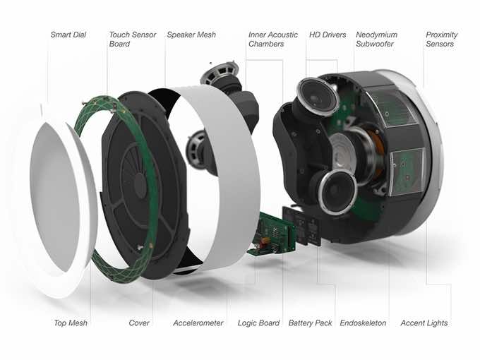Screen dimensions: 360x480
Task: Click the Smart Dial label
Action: click(68, 35)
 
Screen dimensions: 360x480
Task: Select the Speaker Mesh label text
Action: click(191, 35)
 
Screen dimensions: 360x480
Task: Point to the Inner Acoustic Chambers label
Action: click(272, 40)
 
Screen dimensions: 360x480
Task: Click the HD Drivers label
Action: click(327, 35)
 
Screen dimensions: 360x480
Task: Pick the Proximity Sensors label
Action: click(442, 40)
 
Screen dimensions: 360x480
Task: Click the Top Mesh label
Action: click(71, 323)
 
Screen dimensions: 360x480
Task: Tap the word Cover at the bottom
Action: click(139, 323)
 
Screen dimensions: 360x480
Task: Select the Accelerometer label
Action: click(198, 323)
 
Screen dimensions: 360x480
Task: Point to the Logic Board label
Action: click(258, 323)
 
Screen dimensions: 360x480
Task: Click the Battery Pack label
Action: click(310, 323)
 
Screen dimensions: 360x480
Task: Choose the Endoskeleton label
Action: click(363, 323)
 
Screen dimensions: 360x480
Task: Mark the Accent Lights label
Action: click(424, 323)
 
